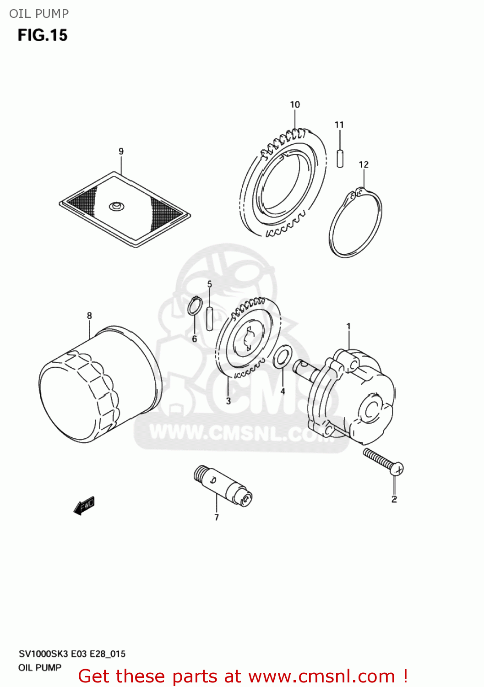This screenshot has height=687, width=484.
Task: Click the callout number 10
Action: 295,104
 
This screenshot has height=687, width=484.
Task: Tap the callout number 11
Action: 339,125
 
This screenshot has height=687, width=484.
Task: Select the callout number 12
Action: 364,164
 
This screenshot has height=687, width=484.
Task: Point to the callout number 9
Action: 121,151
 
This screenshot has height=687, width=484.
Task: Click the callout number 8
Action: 89,316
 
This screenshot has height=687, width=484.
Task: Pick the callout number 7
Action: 217,518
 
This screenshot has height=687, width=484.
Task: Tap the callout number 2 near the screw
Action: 394,499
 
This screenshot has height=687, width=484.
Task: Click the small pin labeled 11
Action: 340,158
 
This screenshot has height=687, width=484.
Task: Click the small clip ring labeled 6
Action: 195,306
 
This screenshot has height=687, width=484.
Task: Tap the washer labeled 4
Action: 283,357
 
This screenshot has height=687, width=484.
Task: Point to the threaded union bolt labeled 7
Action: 223,486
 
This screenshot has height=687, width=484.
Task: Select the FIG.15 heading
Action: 43,35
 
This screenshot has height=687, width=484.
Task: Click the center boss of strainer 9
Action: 117,206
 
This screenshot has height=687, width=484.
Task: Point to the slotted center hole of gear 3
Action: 248,339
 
